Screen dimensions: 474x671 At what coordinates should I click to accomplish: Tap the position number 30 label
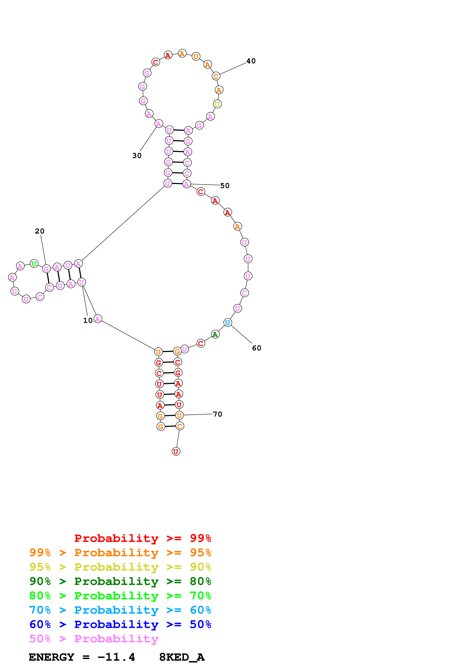(137, 156)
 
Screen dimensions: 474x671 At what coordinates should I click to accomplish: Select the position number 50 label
(225, 186)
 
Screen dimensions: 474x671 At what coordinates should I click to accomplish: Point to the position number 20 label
(40, 231)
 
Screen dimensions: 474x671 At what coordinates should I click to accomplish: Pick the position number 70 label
(218, 414)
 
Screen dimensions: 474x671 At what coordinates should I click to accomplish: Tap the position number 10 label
(88, 321)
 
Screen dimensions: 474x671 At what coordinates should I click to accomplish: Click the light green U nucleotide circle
(34, 264)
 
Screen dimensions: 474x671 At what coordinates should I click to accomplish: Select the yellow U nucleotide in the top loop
(217, 104)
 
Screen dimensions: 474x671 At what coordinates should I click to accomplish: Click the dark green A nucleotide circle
(215, 334)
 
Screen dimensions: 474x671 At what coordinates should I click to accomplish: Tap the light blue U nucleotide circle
(228, 323)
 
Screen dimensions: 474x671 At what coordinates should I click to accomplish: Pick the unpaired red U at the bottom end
(176, 452)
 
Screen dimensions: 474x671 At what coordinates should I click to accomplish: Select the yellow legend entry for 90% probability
(120, 567)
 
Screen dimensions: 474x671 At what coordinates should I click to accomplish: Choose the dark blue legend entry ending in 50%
(120, 624)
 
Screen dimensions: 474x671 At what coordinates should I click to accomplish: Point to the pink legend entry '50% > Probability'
(93, 639)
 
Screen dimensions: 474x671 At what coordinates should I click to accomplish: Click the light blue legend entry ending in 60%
(120, 610)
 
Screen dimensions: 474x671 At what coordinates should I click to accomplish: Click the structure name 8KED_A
(182, 657)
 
